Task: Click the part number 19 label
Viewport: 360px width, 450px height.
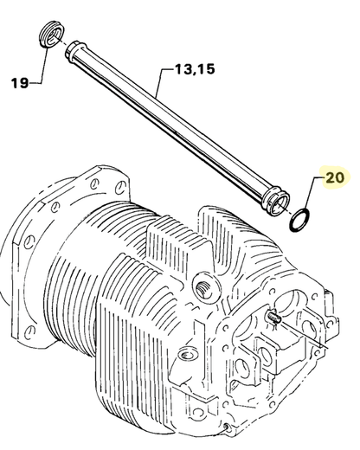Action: click(19, 83)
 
